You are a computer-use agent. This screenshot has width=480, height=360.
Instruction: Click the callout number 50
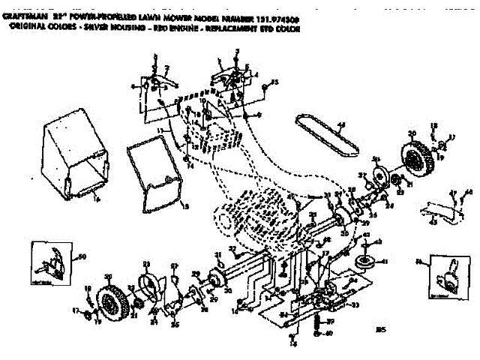82,258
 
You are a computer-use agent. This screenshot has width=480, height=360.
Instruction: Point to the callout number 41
385,262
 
